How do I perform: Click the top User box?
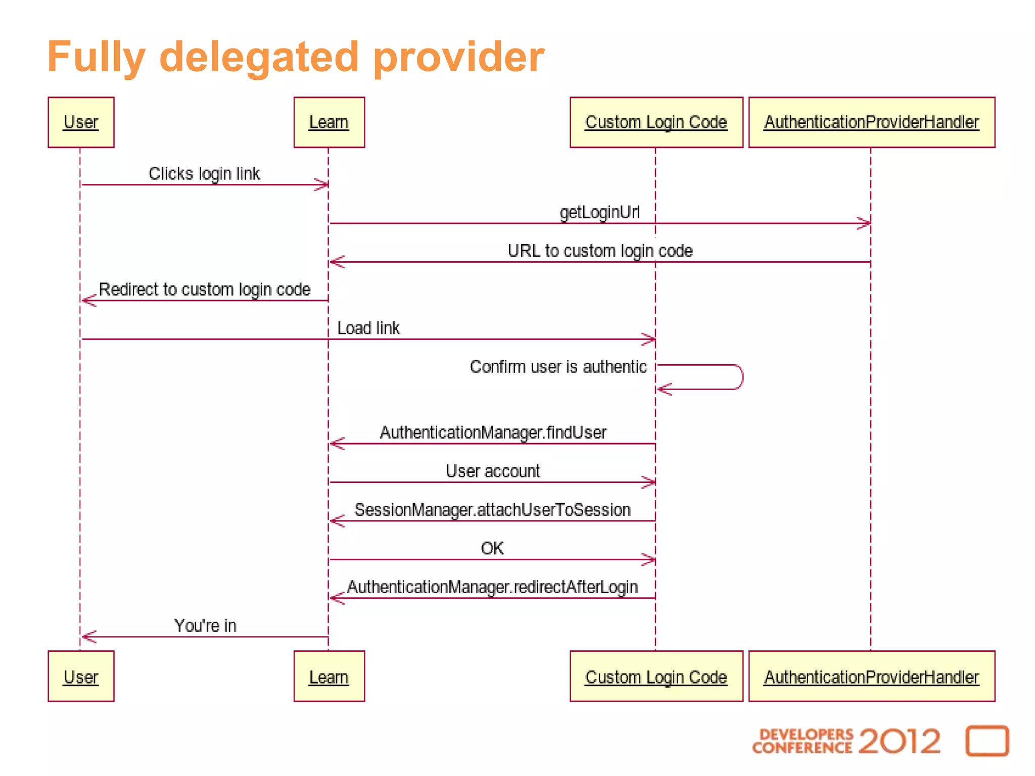pyautogui.click(x=81, y=122)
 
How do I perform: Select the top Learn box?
pyautogui.click(x=329, y=122)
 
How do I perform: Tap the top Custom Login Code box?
pyautogui.click(x=656, y=122)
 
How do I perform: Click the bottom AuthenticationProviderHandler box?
pyautogui.click(x=871, y=676)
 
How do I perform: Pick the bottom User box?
pyautogui.click(x=81, y=676)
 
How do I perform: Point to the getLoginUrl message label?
pyautogui.click(x=599, y=212)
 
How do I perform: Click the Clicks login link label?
pyautogui.click(x=204, y=174)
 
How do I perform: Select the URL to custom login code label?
pyautogui.click(x=600, y=251)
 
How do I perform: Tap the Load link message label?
pyautogui.click(x=368, y=328)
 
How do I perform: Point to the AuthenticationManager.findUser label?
pyautogui.click(x=493, y=432)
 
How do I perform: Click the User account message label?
pyautogui.click(x=493, y=471)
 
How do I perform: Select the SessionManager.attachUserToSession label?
pyautogui.click(x=493, y=510)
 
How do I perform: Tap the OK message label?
pyautogui.click(x=492, y=548)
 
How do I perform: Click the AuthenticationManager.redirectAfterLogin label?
pyautogui.click(x=493, y=587)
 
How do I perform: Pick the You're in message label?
pyautogui.click(x=205, y=625)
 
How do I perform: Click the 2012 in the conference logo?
pyautogui.click(x=899, y=741)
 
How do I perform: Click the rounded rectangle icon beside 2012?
pyautogui.click(x=987, y=741)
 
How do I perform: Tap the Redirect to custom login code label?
pyautogui.click(x=205, y=289)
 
